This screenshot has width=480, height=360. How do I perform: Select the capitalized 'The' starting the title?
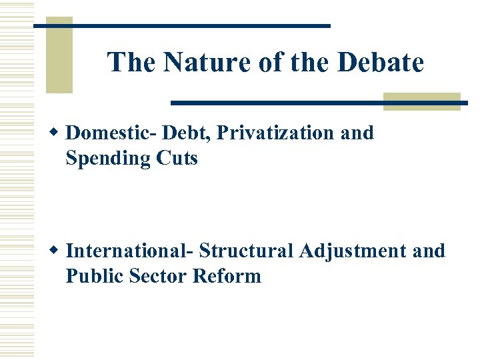coord(132,63)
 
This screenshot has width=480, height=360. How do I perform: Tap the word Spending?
coord(107,159)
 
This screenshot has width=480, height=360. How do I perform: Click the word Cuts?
coord(177,159)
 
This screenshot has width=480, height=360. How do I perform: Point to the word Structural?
coord(247,251)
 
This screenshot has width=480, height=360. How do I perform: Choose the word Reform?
coord(227,276)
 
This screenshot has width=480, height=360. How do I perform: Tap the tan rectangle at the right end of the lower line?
coord(422,101)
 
